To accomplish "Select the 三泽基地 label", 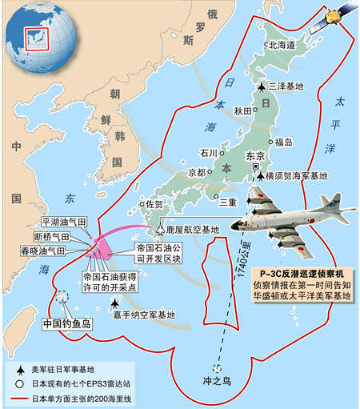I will pos(280,86).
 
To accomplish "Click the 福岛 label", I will pos(283,142).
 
